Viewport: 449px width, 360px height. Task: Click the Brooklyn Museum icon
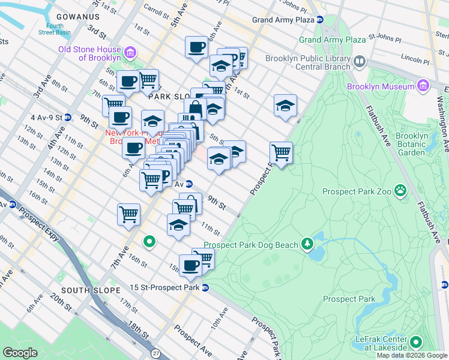(423, 86)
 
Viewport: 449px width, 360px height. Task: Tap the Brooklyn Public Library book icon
(360, 61)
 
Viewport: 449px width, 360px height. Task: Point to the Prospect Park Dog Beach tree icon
(308, 244)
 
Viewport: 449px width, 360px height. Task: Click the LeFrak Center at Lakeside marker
(415, 342)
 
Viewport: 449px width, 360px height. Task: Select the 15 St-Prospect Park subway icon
(205, 287)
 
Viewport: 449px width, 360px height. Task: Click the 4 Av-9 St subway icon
(68, 118)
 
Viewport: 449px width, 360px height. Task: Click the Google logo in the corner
(20, 352)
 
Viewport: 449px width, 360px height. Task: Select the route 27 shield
(157, 355)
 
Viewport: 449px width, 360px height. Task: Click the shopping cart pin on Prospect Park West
(281, 154)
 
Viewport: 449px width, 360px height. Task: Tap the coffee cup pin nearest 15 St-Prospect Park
(191, 265)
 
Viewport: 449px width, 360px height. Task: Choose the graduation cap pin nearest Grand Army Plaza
(286, 106)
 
